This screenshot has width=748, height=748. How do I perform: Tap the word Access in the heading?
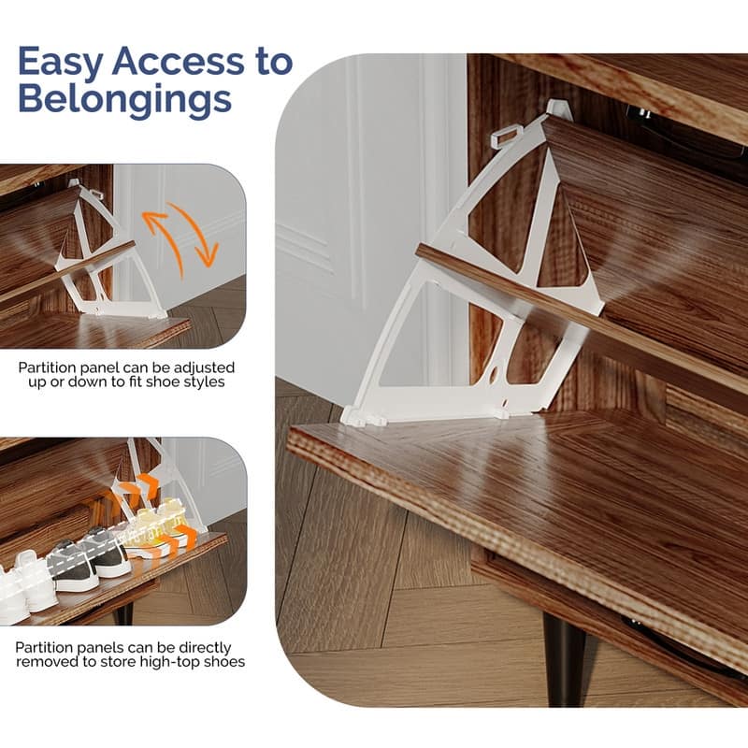coord(178,61)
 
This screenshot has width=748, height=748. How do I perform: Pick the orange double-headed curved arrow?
coord(180,239)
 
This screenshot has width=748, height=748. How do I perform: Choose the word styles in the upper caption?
coord(206,382)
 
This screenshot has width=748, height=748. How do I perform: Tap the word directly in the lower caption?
coord(205,648)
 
